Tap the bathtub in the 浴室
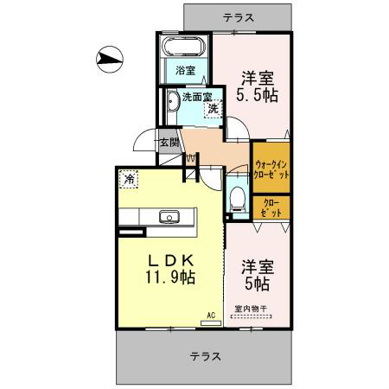[x=182, y=48]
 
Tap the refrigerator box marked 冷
[x=129, y=180]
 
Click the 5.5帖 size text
[x=257, y=95]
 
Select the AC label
[x=207, y=317]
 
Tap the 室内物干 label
[x=251, y=309]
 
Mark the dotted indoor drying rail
[x=251, y=317]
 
